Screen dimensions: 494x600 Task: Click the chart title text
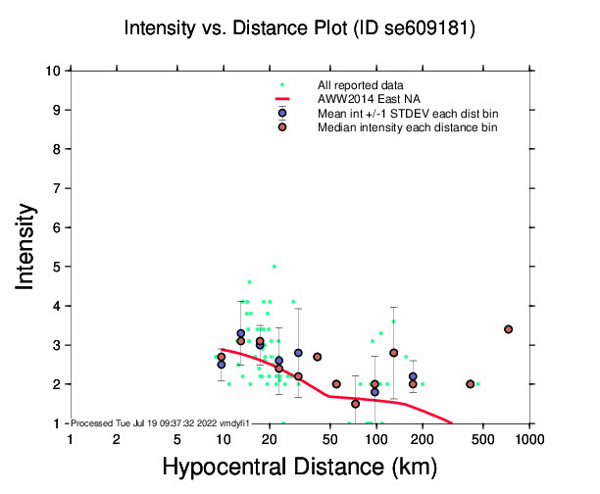coord(301,28)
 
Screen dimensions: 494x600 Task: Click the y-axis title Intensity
coord(26,246)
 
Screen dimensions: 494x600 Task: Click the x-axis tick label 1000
coord(529,439)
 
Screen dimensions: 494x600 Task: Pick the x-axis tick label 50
coord(329,439)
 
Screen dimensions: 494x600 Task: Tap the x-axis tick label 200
coord(422,439)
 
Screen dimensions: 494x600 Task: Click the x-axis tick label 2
coord(117,439)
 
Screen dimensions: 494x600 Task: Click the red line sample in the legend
coord(282,99)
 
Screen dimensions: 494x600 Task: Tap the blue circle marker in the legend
coord(282,114)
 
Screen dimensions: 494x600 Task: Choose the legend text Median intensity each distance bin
coord(407,127)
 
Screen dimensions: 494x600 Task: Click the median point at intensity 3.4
coord(508,329)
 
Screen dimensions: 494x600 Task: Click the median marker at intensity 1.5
coord(355,404)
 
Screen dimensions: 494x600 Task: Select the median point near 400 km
coord(471,384)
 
